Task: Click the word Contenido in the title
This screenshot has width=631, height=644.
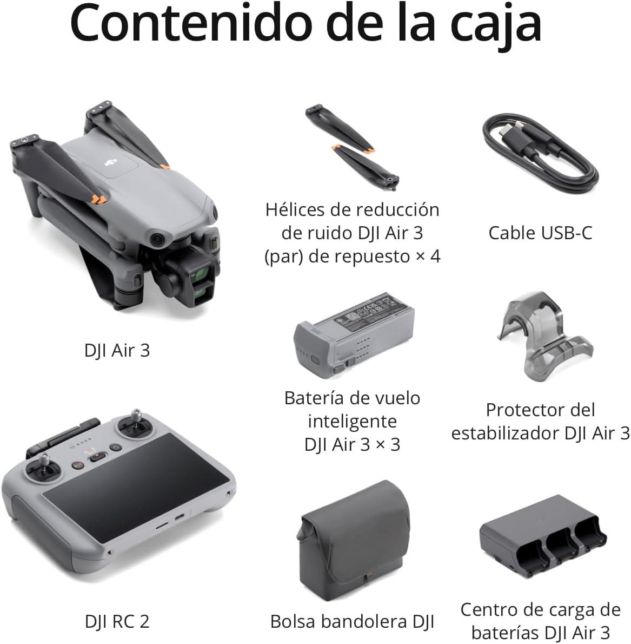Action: click(x=191, y=23)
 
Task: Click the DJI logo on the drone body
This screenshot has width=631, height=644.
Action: click(x=111, y=162)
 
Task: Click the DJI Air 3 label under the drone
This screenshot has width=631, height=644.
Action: click(x=117, y=350)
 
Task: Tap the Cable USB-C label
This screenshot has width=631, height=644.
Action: click(x=540, y=233)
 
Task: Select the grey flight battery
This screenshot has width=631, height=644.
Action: click(x=354, y=332)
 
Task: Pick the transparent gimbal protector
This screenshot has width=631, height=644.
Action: click(x=544, y=336)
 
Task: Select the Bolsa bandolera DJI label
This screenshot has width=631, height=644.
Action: click(x=352, y=621)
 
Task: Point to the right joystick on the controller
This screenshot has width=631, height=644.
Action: click(x=136, y=423)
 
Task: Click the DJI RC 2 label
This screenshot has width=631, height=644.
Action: click(x=117, y=621)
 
